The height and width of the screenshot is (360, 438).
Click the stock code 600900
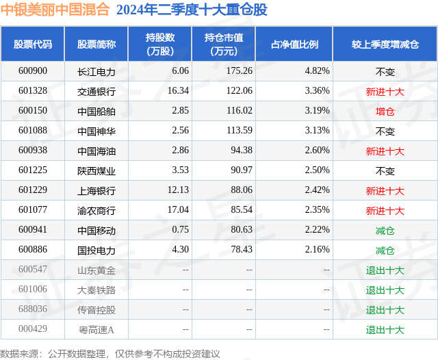[33, 70]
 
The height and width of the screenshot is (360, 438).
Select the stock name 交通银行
[96, 90]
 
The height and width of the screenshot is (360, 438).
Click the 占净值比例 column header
[295, 44]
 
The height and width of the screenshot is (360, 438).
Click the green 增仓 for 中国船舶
[385, 111]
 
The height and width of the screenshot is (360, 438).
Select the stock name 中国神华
[96, 131]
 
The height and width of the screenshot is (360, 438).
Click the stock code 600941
[33, 231]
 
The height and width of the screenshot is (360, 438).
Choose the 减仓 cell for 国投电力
[385, 250]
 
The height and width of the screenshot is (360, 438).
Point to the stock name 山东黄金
[96, 270]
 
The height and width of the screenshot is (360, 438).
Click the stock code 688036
[33, 310]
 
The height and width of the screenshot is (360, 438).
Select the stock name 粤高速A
[96, 330]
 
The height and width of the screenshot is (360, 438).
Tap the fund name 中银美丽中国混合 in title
[55, 10]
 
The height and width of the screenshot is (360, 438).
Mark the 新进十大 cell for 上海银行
[385, 191]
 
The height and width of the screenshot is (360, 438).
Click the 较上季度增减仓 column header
[385, 44]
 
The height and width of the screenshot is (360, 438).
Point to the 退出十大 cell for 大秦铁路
[385, 290]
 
